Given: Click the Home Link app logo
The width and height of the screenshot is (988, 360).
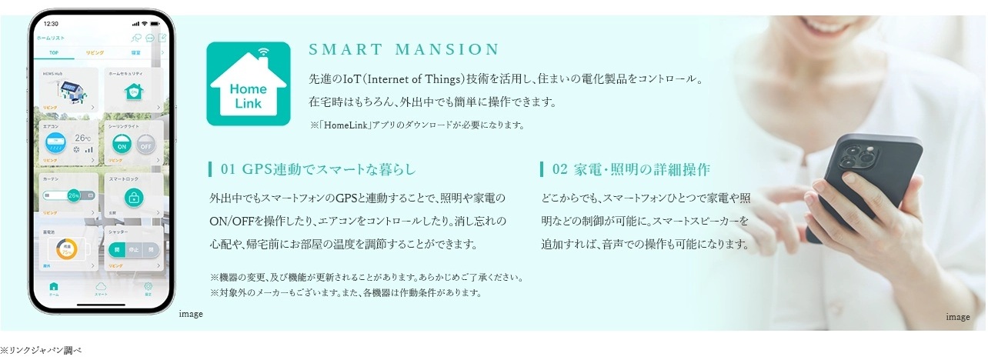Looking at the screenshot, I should [x=248, y=84].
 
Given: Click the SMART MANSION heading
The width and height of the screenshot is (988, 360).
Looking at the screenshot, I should [x=404, y=50].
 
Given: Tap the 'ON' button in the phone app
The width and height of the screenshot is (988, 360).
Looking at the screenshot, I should [x=120, y=144].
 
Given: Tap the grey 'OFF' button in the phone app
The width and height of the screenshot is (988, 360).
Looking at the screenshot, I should [x=145, y=144].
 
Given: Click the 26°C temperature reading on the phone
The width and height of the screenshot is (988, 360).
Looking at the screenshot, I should [x=82, y=138].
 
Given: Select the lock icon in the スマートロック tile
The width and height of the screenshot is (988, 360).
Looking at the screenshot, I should [x=133, y=197].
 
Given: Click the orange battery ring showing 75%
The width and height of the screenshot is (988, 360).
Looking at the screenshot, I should [x=67, y=249].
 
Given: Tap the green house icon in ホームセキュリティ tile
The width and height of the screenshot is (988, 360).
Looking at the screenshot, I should [x=135, y=92].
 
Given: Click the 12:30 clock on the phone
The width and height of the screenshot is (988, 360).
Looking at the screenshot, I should [x=52, y=23].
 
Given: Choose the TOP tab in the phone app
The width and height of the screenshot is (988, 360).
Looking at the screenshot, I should [x=53, y=53].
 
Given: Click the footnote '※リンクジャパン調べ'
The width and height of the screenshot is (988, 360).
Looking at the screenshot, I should [x=40, y=350].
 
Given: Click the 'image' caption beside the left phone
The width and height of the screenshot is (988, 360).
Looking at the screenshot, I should [x=190, y=314].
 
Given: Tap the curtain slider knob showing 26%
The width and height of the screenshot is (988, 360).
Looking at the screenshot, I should [x=75, y=195].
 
